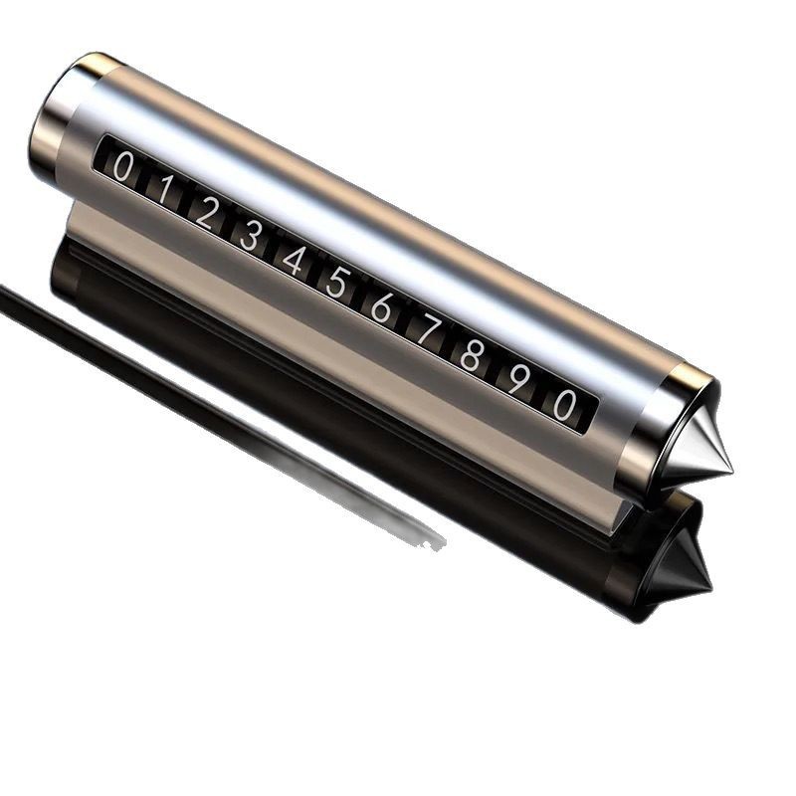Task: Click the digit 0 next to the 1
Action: click(122, 166)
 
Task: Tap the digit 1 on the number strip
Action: click(164, 189)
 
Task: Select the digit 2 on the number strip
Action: click(206, 212)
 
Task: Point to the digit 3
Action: click(250, 236)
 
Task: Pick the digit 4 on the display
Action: click(294, 260)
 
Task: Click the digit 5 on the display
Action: click(337, 283)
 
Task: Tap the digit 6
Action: click(381, 306)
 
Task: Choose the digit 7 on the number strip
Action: click(427, 329)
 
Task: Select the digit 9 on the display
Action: click(516, 378)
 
